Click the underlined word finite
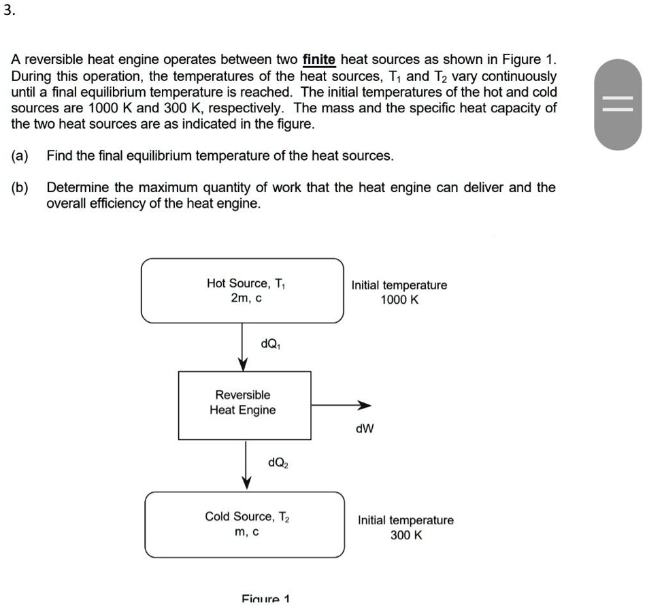[319, 60]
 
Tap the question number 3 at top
[8, 11]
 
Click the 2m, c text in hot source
[246, 298]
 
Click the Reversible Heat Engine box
[245, 404]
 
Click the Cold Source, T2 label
[247, 516]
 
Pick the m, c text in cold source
[246, 532]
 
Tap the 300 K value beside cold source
[406, 535]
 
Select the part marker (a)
[20, 155]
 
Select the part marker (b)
[20, 187]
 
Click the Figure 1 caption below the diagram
[265, 599]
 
